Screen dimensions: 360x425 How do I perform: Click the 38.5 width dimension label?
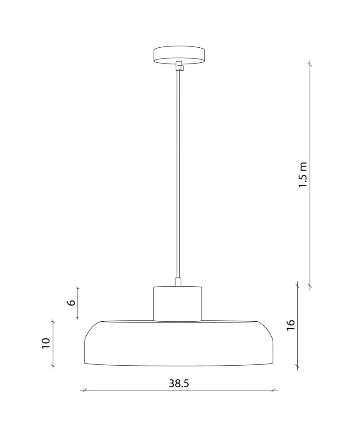point(179,383)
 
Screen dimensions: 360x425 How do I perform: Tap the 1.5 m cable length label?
point(303,175)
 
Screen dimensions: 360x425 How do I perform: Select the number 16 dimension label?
point(290,325)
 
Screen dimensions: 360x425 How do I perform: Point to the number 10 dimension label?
point(46,343)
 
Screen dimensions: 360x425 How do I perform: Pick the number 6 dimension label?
point(71,302)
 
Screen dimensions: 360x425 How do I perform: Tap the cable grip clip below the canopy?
point(180,66)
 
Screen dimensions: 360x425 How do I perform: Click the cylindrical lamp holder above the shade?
point(178,304)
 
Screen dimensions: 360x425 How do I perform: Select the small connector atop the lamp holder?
point(178,282)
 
